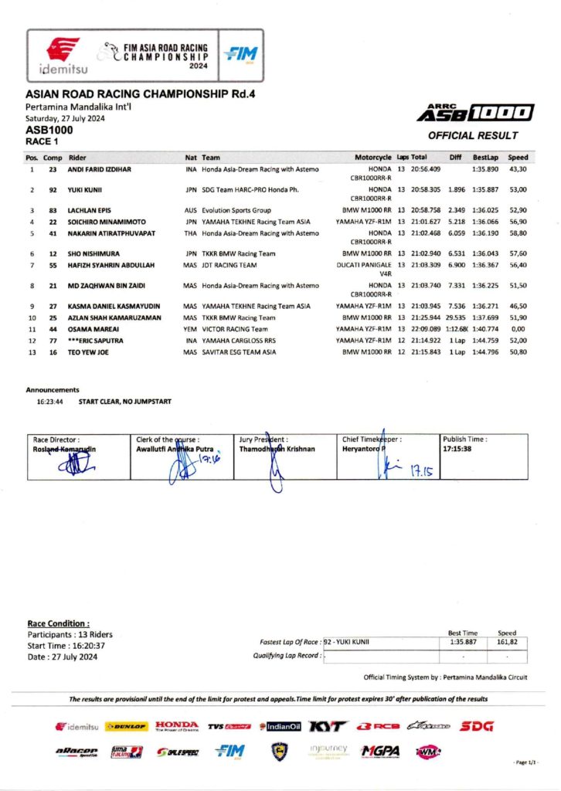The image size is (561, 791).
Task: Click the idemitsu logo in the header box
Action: point(63,56)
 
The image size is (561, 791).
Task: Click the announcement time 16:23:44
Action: point(49,402)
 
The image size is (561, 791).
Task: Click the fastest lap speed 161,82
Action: point(507,641)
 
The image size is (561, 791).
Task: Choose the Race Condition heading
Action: point(59,623)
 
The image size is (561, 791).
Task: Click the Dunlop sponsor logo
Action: point(127,727)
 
